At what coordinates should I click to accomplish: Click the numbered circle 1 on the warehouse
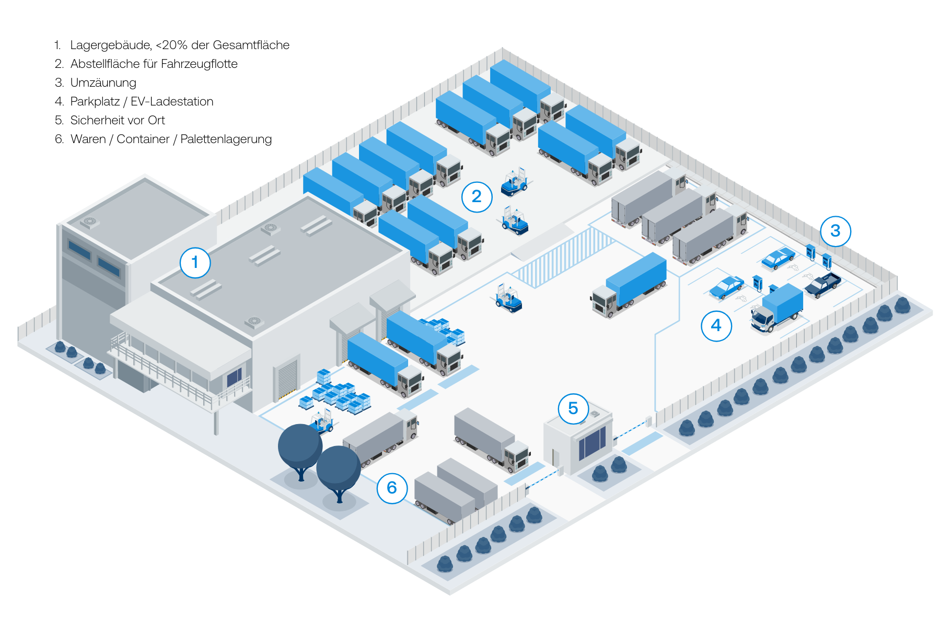[195, 262]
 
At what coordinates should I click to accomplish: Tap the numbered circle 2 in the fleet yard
[477, 196]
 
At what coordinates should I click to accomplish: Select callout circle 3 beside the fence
[835, 231]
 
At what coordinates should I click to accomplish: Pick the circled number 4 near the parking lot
[716, 325]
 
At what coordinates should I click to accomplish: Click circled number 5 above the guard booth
[573, 408]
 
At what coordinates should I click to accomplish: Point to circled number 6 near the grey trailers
[391, 488]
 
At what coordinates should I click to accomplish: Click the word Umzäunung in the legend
[103, 83]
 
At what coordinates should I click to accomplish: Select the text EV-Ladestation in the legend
[172, 101]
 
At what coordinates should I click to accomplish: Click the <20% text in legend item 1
[171, 45]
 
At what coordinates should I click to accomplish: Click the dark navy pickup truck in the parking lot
[822, 284]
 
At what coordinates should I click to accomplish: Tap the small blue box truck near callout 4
[777, 308]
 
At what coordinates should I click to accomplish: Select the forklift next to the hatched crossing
[508, 299]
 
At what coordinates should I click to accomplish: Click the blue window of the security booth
[592, 442]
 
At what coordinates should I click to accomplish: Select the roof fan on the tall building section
[90, 222]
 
